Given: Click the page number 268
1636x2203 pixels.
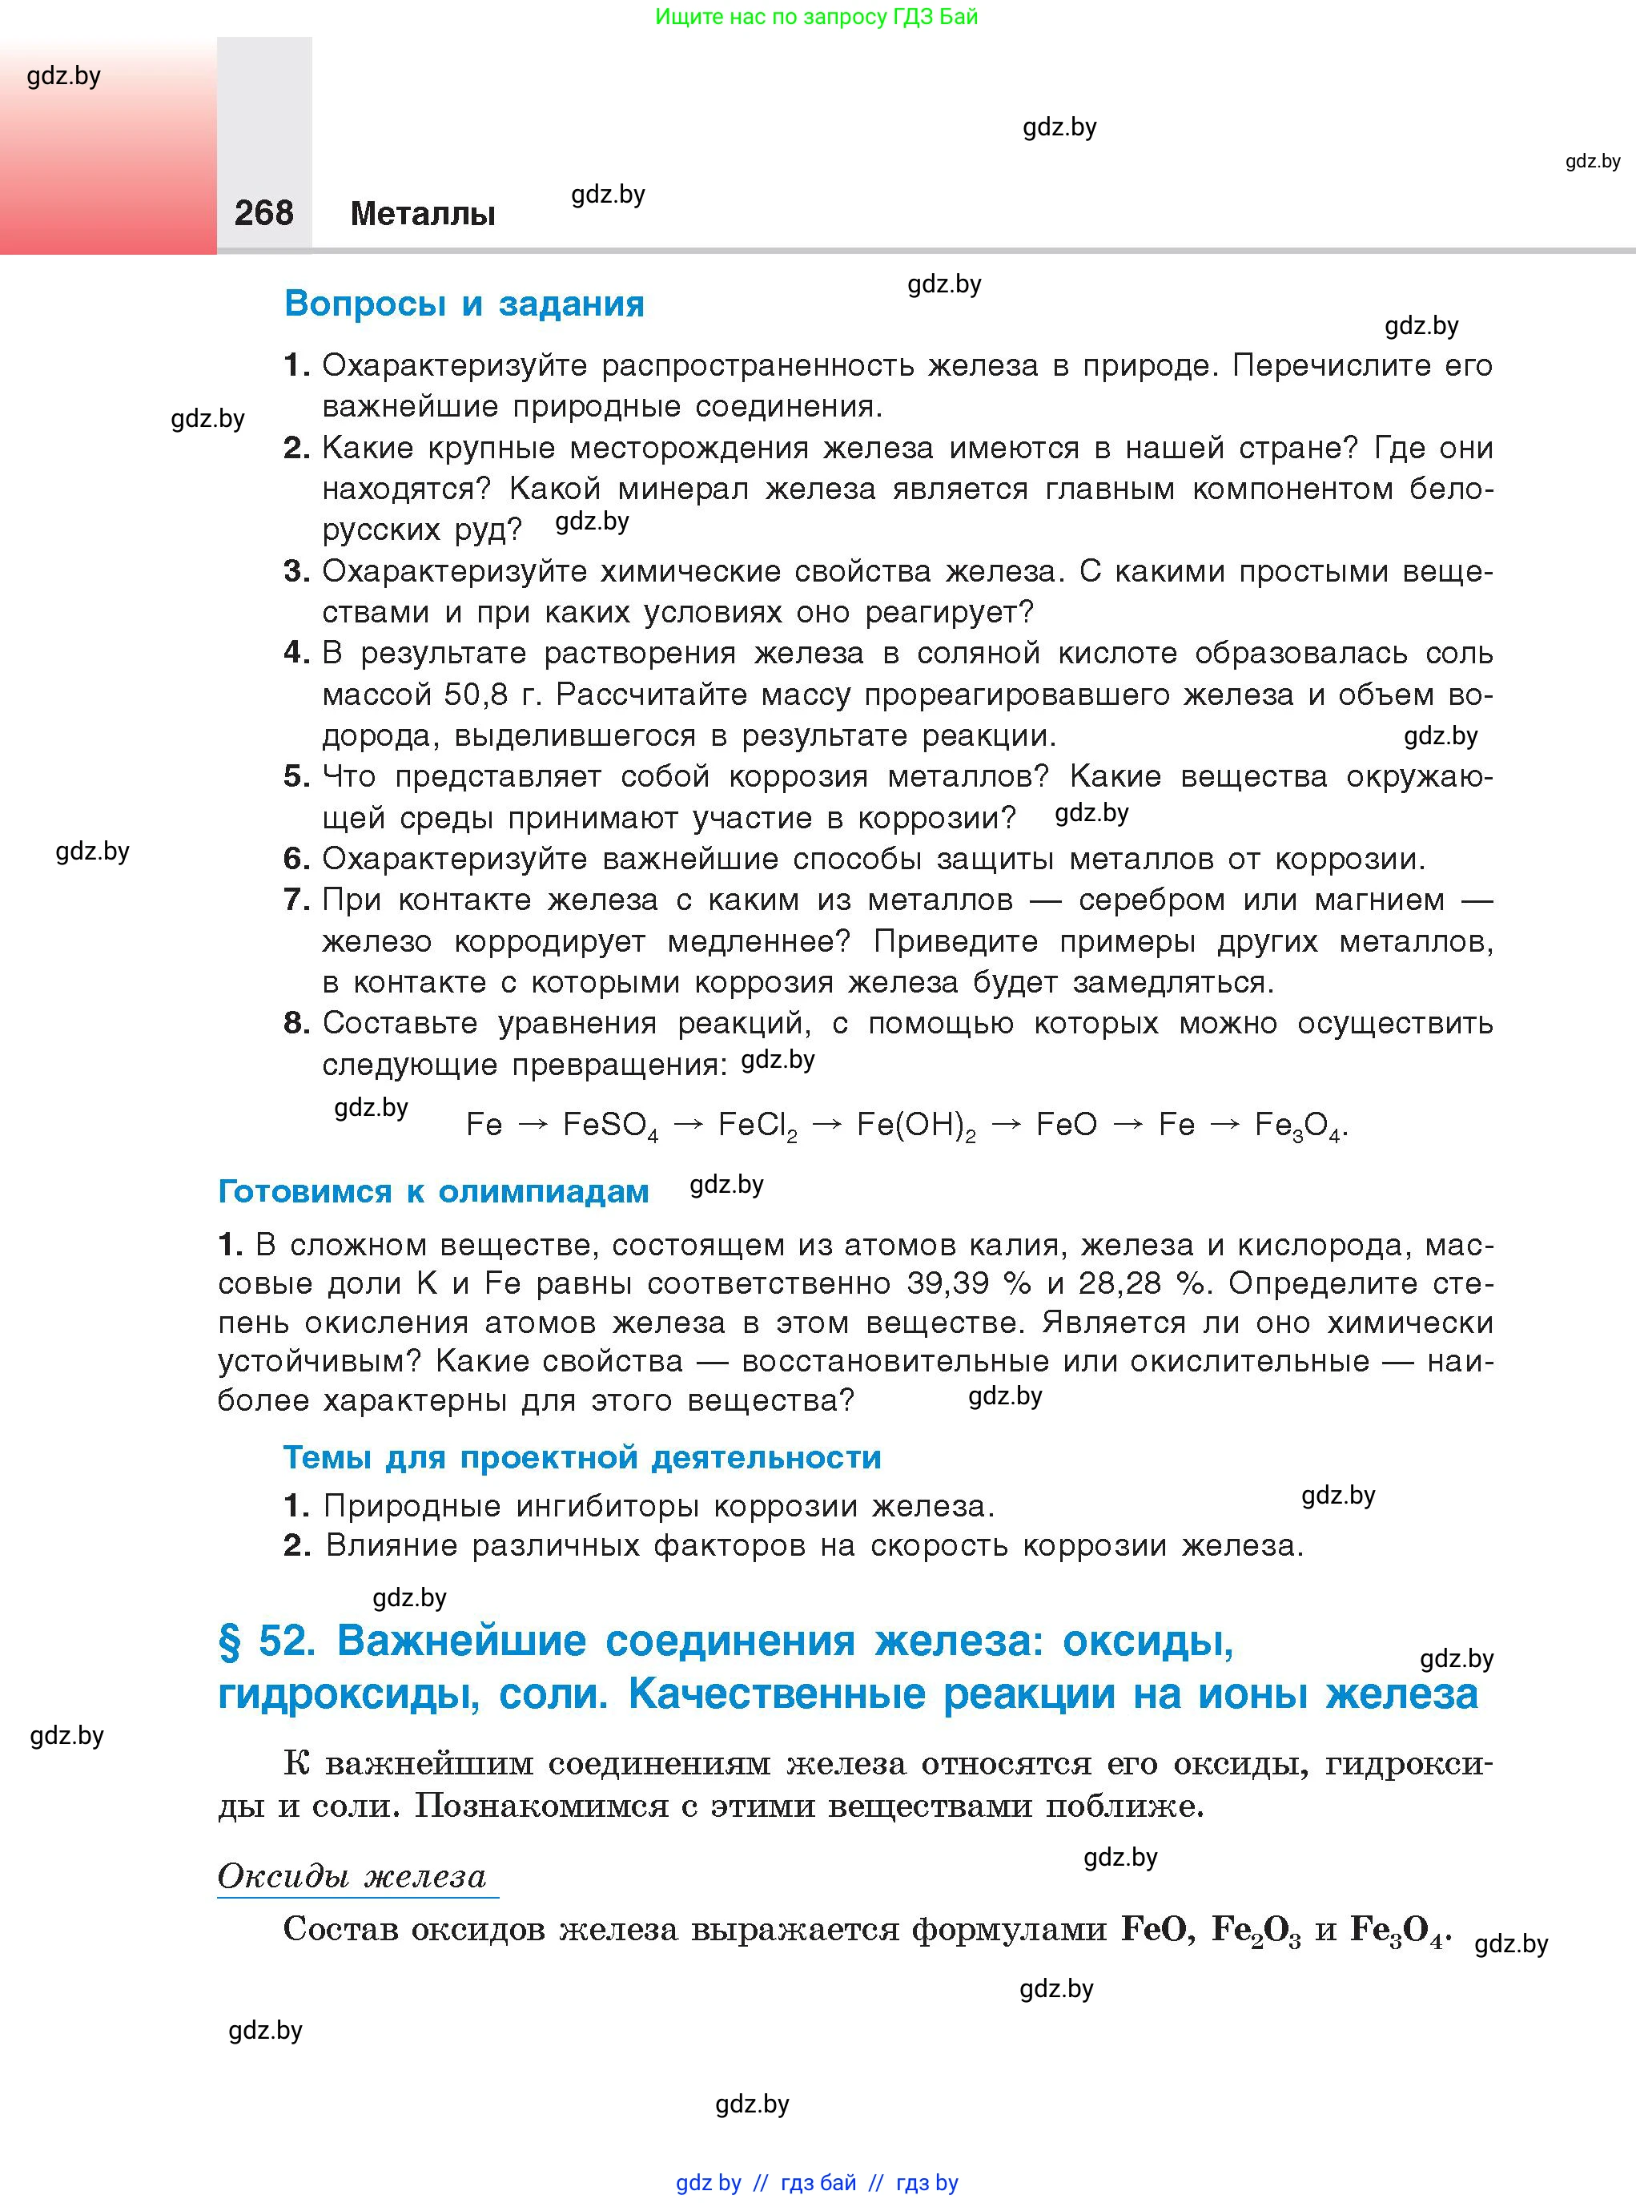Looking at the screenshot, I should [x=263, y=213].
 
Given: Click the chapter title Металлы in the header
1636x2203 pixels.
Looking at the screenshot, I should [x=423, y=214].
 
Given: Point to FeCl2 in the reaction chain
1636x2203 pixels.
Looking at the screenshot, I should [x=758, y=1126].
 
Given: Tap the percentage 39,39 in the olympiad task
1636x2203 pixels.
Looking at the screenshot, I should [x=948, y=1284].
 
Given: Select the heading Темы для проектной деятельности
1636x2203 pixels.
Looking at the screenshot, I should [x=582, y=1457].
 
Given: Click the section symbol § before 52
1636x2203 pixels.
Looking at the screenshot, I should [x=230, y=1641].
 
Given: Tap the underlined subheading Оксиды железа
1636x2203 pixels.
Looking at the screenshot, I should [x=352, y=1876].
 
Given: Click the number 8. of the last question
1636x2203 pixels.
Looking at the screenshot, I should [x=296, y=1023].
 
